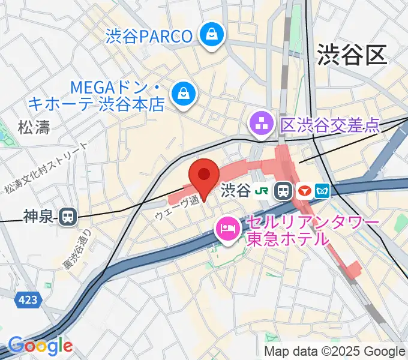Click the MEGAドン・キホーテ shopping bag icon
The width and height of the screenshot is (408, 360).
[x=181, y=94]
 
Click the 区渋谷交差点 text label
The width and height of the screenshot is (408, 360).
[x=330, y=125]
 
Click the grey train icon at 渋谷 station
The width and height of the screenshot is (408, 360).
[x=282, y=191]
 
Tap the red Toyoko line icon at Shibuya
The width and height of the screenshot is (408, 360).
[x=305, y=191]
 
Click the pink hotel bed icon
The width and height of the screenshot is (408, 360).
[x=227, y=228]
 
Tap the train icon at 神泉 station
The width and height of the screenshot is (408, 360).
[x=69, y=216]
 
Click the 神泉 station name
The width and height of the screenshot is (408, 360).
[x=40, y=216]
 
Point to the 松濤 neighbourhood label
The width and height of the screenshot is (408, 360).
[x=34, y=127]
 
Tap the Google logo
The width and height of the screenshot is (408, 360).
[x=40, y=346]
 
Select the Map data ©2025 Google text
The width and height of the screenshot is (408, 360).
[x=335, y=351]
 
